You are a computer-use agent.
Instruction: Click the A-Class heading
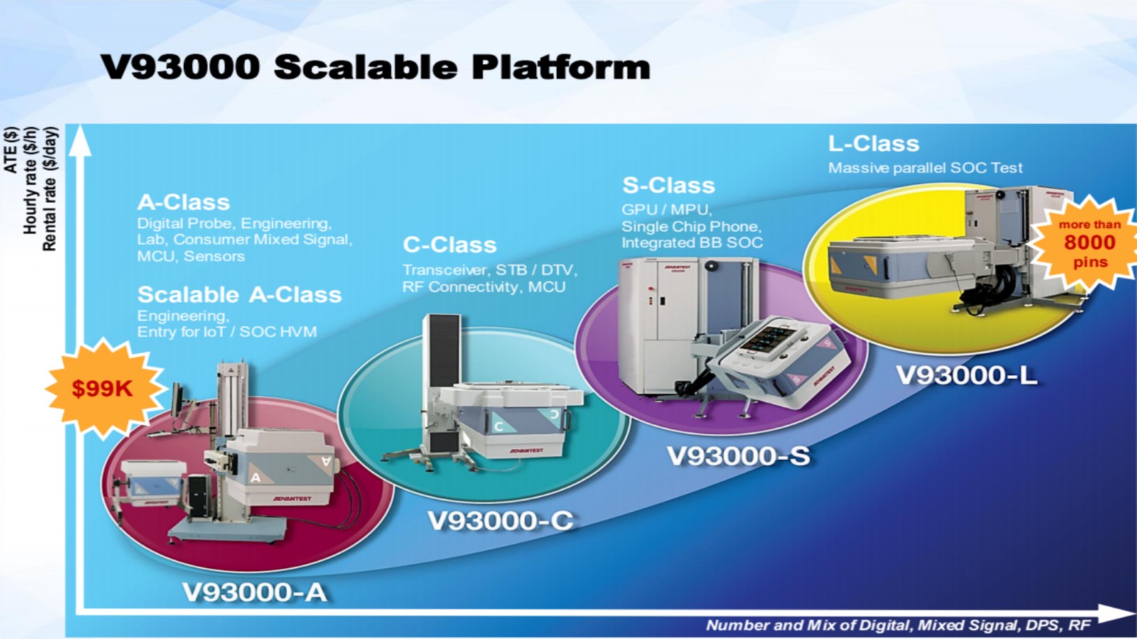[183, 202]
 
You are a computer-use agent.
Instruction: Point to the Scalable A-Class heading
[239, 295]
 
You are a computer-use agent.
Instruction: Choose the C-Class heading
[450, 245]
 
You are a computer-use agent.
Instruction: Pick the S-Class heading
[669, 185]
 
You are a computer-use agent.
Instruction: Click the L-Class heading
[873, 144]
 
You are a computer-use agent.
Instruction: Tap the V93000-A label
[254, 592]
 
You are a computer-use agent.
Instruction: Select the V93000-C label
[500, 520]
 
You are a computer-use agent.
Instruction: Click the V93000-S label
[738, 455]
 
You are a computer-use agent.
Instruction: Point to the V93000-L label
[966, 376]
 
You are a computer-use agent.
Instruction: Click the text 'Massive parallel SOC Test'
[925, 168]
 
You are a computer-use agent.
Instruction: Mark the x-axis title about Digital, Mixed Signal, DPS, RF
[898, 626]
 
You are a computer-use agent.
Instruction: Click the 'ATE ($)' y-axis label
[11, 150]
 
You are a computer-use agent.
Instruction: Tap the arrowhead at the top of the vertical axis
[80, 141]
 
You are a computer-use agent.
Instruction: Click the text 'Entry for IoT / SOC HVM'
[227, 332]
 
